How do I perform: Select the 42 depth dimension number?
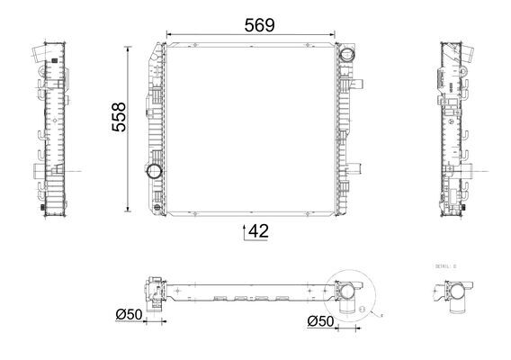[258, 231]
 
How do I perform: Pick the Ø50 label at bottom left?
[130, 314]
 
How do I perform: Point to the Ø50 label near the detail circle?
[320, 321]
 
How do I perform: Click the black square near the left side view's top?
[56, 60]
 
